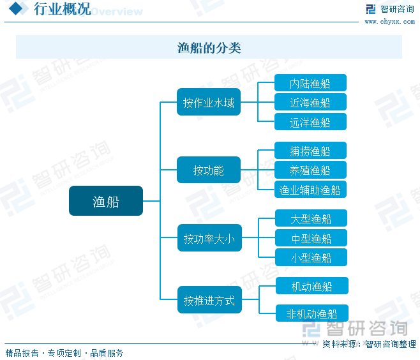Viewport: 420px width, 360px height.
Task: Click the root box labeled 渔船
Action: point(106,201)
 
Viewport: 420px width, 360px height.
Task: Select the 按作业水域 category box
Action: point(209,102)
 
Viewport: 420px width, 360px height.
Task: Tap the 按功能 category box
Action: point(209,170)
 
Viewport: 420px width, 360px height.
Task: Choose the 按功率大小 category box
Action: point(209,239)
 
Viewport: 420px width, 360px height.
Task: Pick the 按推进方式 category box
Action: point(209,300)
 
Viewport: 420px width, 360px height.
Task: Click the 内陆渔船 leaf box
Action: point(310,83)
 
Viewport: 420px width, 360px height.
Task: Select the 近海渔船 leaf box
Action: point(310,102)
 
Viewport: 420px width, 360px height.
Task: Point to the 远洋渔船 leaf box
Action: point(310,122)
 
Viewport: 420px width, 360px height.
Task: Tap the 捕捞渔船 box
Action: point(310,151)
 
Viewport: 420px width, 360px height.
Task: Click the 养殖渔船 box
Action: point(310,170)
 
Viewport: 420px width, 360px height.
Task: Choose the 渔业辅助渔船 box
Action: point(310,190)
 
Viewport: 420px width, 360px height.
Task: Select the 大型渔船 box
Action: point(311,219)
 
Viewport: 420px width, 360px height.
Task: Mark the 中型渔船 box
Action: point(311,238)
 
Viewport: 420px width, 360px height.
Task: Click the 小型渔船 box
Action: point(311,257)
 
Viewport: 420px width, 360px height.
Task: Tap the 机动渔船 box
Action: point(311,287)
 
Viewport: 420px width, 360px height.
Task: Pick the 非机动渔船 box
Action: point(311,313)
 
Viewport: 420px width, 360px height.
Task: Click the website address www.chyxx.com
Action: point(390,22)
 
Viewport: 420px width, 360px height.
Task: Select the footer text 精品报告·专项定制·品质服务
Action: point(64,353)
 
